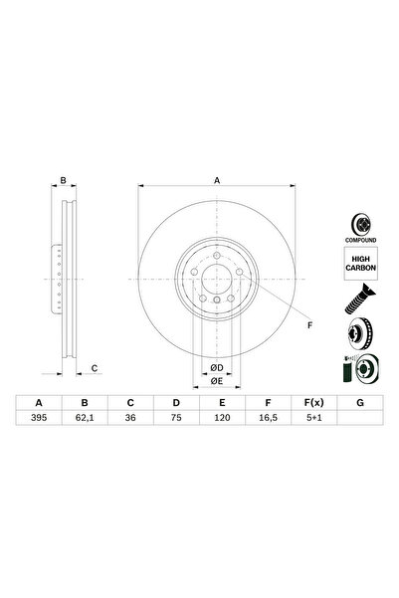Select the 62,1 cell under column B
click(x=86, y=420)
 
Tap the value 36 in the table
click(x=130, y=420)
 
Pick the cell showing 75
click(x=175, y=420)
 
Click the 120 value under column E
click(x=220, y=420)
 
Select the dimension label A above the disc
click(x=216, y=180)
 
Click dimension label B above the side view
click(x=63, y=180)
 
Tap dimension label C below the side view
click(x=94, y=370)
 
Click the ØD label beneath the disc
click(x=216, y=366)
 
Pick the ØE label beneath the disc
click(x=216, y=381)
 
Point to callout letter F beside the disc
click(x=308, y=325)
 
